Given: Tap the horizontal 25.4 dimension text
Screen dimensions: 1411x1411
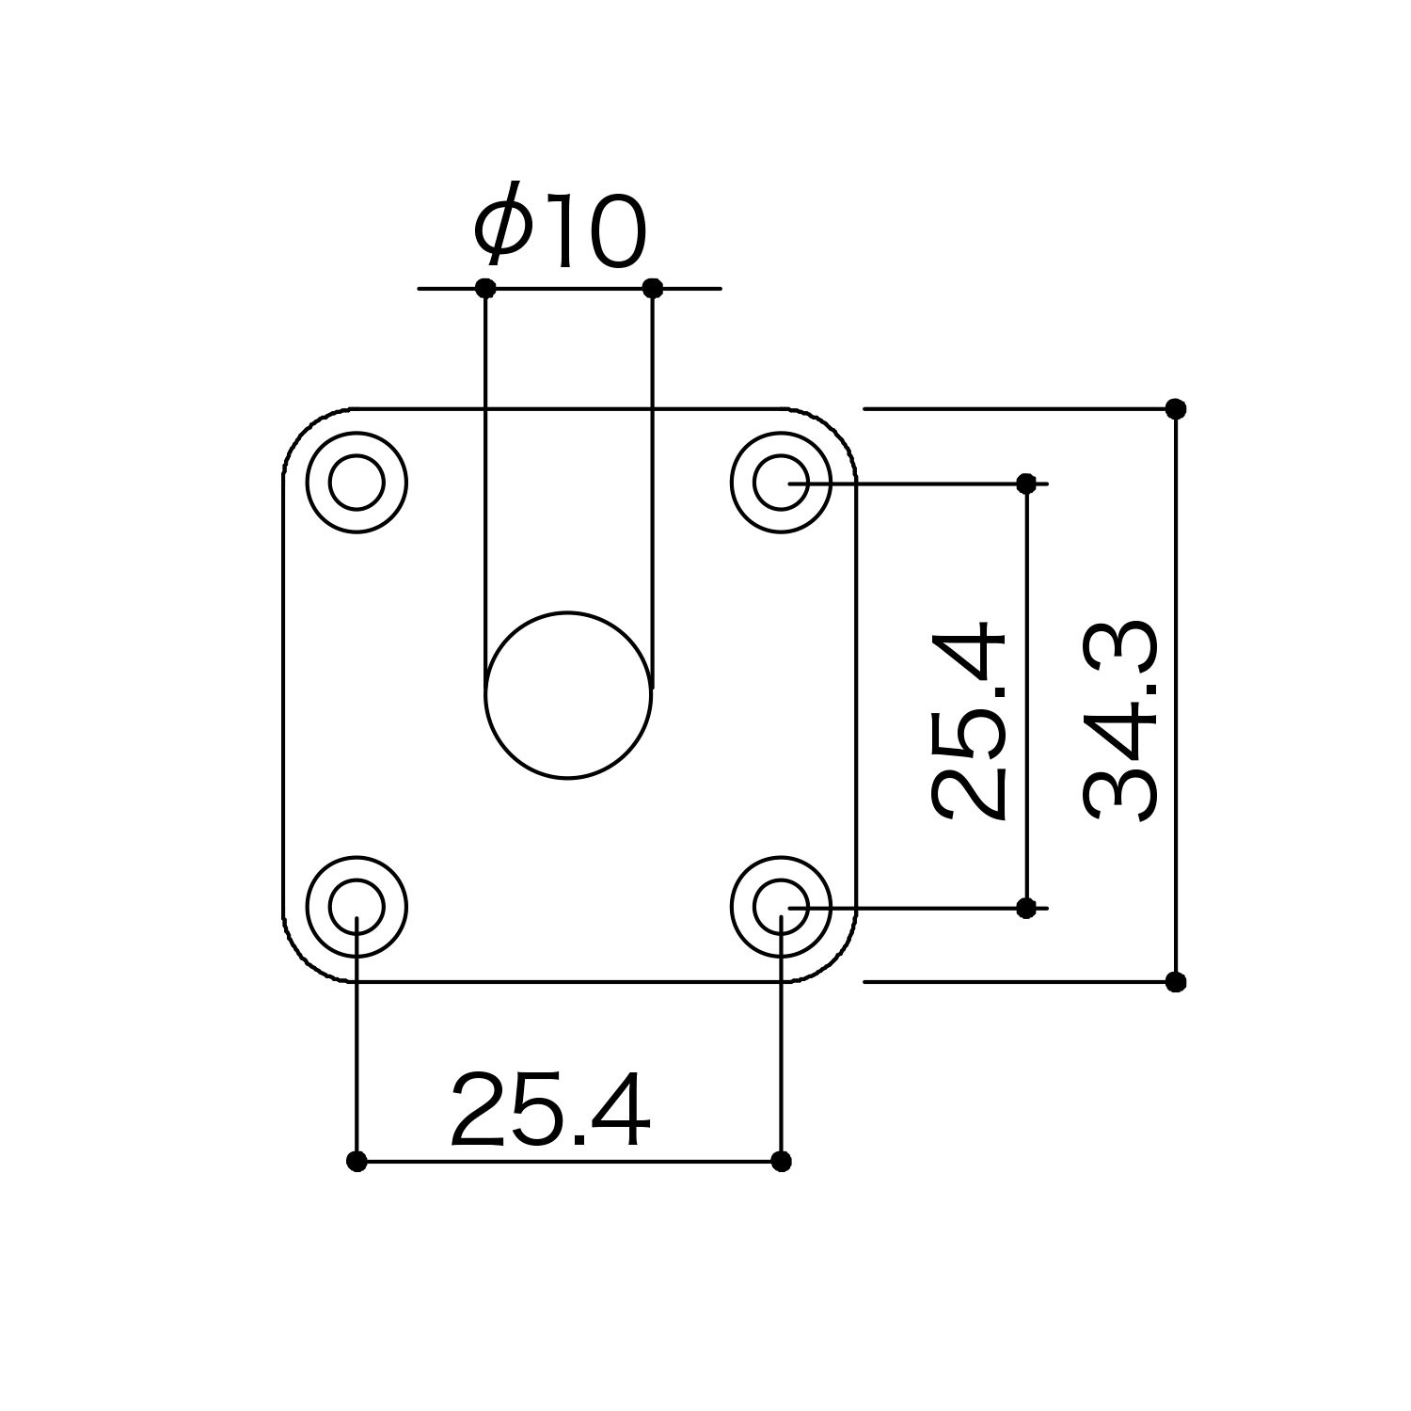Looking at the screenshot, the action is [x=550, y=1112].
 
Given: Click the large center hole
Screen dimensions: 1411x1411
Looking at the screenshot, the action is [x=568, y=695].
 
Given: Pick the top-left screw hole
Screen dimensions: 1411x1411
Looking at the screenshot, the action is [x=357, y=483].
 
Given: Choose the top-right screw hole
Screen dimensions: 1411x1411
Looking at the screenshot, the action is [x=782, y=483].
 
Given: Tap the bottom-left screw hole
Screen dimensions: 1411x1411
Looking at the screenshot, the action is [x=357, y=907].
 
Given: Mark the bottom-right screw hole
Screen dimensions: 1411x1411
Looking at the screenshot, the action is [x=782, y=907].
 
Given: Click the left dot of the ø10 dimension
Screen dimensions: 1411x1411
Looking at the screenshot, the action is [x=485, y=288].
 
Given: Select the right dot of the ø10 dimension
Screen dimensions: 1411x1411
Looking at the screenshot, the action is [x=653, y=288].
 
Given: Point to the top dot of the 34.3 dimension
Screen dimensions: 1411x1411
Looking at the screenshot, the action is [x=1176, y=408].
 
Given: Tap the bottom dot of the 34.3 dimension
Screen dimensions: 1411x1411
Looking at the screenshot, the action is [x=1176, y=982].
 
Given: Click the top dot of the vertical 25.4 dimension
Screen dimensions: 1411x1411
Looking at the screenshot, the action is [x=1026, y=484].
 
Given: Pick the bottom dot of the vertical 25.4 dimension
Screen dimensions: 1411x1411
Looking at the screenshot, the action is [x=1026, y=908].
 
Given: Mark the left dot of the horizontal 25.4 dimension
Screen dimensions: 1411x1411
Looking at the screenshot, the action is [x=357, y=1162].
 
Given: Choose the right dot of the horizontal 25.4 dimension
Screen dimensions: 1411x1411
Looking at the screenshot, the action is [x=781, y=1162].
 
